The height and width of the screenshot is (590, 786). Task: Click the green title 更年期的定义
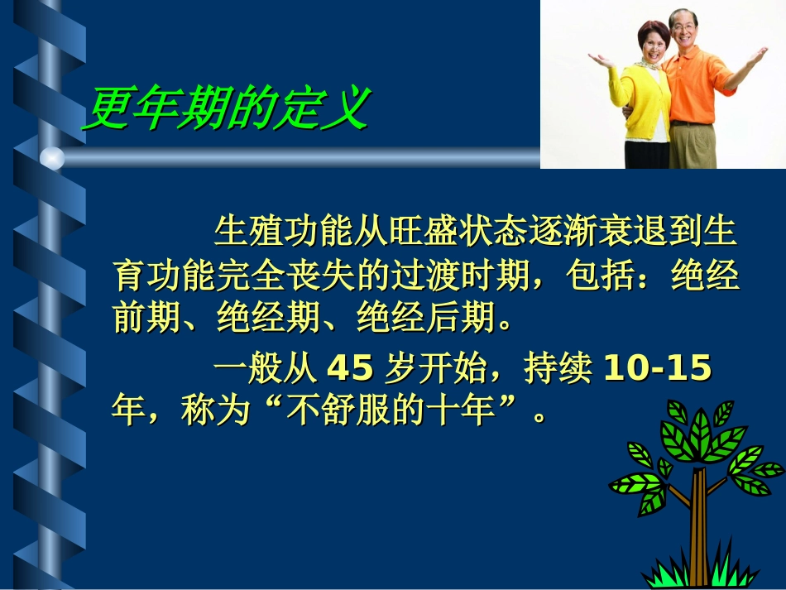point(225,108)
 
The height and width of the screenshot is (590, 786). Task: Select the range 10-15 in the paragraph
point(658,370)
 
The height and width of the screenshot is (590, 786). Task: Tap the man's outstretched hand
point(758,57)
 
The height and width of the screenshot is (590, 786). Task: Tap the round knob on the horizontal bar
point(51,157)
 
